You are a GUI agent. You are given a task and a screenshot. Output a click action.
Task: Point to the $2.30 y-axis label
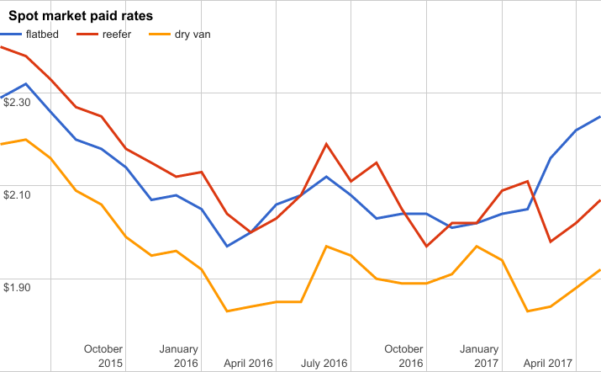tap(18, 103)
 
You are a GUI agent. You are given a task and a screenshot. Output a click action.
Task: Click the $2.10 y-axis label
tap(18, 195)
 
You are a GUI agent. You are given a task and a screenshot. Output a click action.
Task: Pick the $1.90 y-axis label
tap(18, 288)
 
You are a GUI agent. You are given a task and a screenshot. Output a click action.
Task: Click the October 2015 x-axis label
tap(104, 356)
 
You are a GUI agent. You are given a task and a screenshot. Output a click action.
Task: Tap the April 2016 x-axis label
tap(249, 364)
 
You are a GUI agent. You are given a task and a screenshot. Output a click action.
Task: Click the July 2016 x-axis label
tap(324, 364)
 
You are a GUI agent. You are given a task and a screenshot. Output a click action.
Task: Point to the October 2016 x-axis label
tap(403, 356)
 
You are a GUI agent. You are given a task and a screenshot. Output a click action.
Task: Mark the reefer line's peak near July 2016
tap(325, 144)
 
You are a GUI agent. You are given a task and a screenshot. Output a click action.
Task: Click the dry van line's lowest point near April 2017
tap(526, 311)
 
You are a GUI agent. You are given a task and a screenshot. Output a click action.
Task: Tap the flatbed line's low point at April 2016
tap(226, 246)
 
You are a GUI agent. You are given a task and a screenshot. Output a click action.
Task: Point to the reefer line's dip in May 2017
tap(551, 242)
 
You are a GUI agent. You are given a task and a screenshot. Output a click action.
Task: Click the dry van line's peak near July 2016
tap(325, 246)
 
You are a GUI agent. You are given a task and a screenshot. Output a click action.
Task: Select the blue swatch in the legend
tap(10, 35)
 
